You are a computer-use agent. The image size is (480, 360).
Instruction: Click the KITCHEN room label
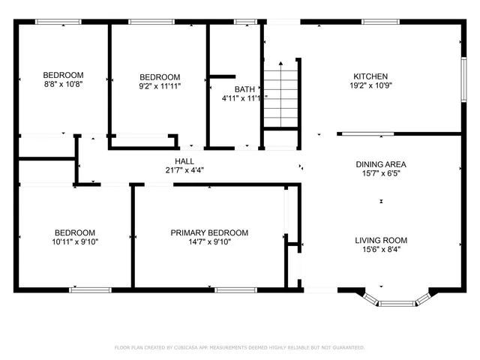click(370, 76)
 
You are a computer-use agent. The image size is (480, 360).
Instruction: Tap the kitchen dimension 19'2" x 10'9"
click(370, 86)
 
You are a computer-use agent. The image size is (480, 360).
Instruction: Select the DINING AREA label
click(381, 163)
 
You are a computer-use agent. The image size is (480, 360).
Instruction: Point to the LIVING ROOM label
click(381, 240)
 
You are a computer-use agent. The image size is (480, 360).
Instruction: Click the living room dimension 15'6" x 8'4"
click(381, 250)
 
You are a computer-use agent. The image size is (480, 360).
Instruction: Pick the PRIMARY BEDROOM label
click(209, 232)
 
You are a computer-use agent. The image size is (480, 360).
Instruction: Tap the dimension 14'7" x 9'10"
click(209, 242)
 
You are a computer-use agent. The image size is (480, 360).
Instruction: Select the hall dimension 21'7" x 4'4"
click(184, 170)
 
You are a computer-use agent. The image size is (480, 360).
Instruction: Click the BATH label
click(244, 89)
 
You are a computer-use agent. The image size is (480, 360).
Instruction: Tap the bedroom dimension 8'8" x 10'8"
click(63, 85)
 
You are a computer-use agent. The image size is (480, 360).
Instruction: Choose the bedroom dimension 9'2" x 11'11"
click(160, 86)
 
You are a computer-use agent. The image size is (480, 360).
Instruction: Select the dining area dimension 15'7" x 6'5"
click(381, 174)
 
